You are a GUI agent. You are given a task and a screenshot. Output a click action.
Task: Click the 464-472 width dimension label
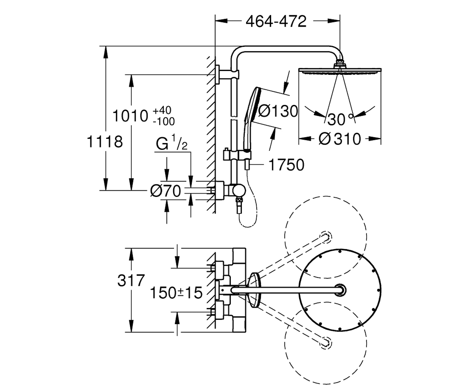[276, 22]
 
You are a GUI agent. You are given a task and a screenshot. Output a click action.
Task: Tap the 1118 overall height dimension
[105, 142]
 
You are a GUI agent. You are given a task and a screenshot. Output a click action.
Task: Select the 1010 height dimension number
[130, 116]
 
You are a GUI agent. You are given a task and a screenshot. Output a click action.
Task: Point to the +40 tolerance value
[162, 110]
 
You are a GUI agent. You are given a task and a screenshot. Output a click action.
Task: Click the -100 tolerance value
[164, 121]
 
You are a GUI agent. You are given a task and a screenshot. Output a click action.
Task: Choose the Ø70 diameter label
[166, 191]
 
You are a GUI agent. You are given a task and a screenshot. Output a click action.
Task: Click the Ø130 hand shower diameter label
[278, 111]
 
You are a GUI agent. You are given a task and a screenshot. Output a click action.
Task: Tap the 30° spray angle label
[340, 119]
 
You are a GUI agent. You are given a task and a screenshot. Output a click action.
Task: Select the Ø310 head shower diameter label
[340, 139]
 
